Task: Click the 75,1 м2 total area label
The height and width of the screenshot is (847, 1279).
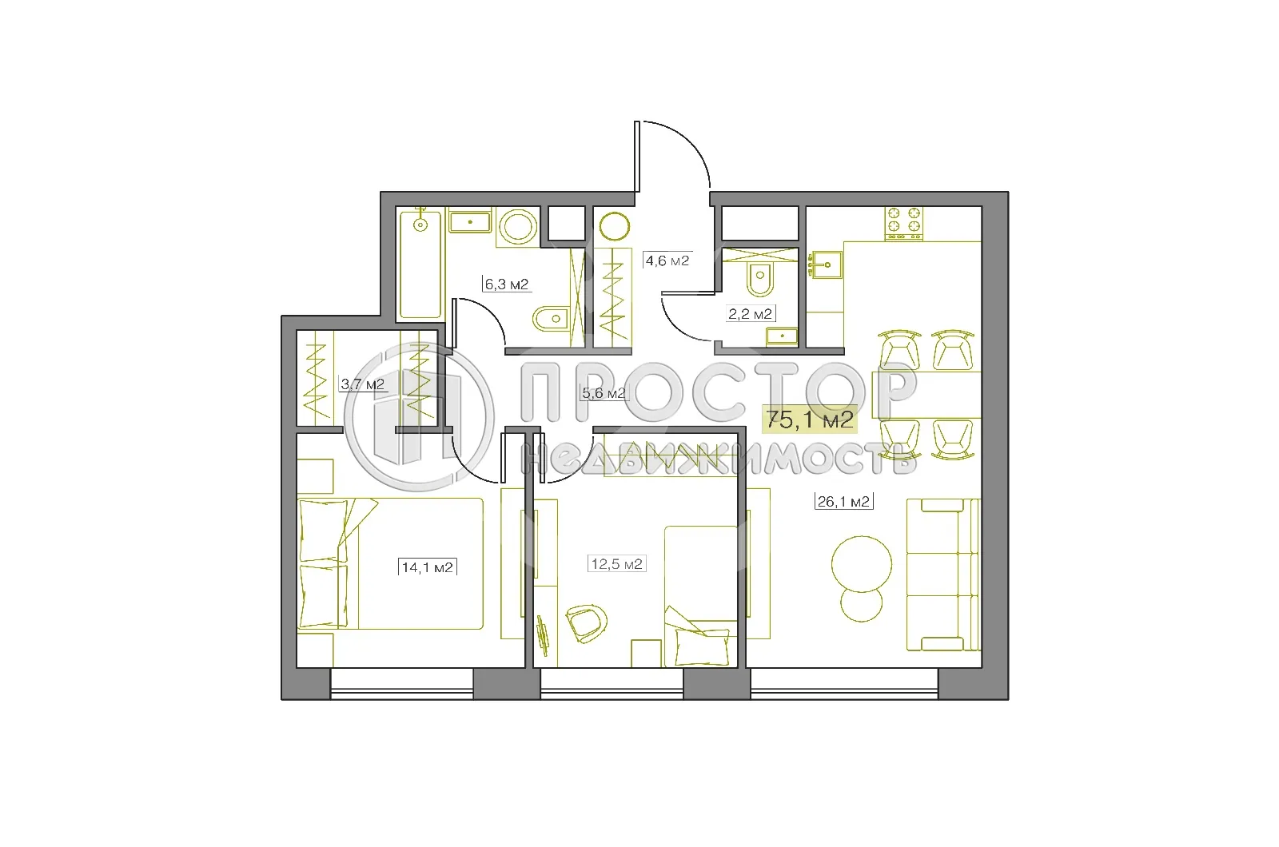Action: [810, 419]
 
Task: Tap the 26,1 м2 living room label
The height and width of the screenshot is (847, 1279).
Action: [843, 502]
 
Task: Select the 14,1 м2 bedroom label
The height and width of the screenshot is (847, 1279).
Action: [428, 567]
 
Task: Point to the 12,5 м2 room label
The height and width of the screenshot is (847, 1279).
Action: [616, 564]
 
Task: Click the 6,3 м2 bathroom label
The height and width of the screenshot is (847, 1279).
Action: [506, 284]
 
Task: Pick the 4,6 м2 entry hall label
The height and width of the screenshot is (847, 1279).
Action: [667, 260]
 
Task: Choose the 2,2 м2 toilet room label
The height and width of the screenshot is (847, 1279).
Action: [750, 314]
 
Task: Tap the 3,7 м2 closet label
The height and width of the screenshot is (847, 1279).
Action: [362, 384]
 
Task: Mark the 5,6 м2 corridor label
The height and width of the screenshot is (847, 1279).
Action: [603, 393]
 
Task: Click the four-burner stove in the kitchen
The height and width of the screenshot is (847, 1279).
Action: [903, 223]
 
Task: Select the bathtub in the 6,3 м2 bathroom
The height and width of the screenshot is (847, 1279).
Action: [420, 264]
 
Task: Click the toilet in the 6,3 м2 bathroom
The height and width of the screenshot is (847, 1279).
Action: [549, 320]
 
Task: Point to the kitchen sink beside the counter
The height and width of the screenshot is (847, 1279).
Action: [825, 262]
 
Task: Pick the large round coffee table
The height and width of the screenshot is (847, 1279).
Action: [861, 563]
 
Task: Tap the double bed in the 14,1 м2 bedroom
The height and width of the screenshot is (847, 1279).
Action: [392, 564]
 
